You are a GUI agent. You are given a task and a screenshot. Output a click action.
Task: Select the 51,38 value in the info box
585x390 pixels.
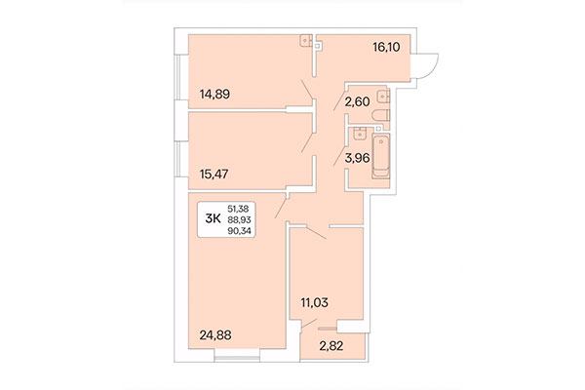238,209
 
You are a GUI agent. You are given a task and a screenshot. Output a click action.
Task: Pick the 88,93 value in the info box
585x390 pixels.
238,218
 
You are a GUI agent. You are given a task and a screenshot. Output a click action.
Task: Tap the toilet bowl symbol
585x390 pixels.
382,115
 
